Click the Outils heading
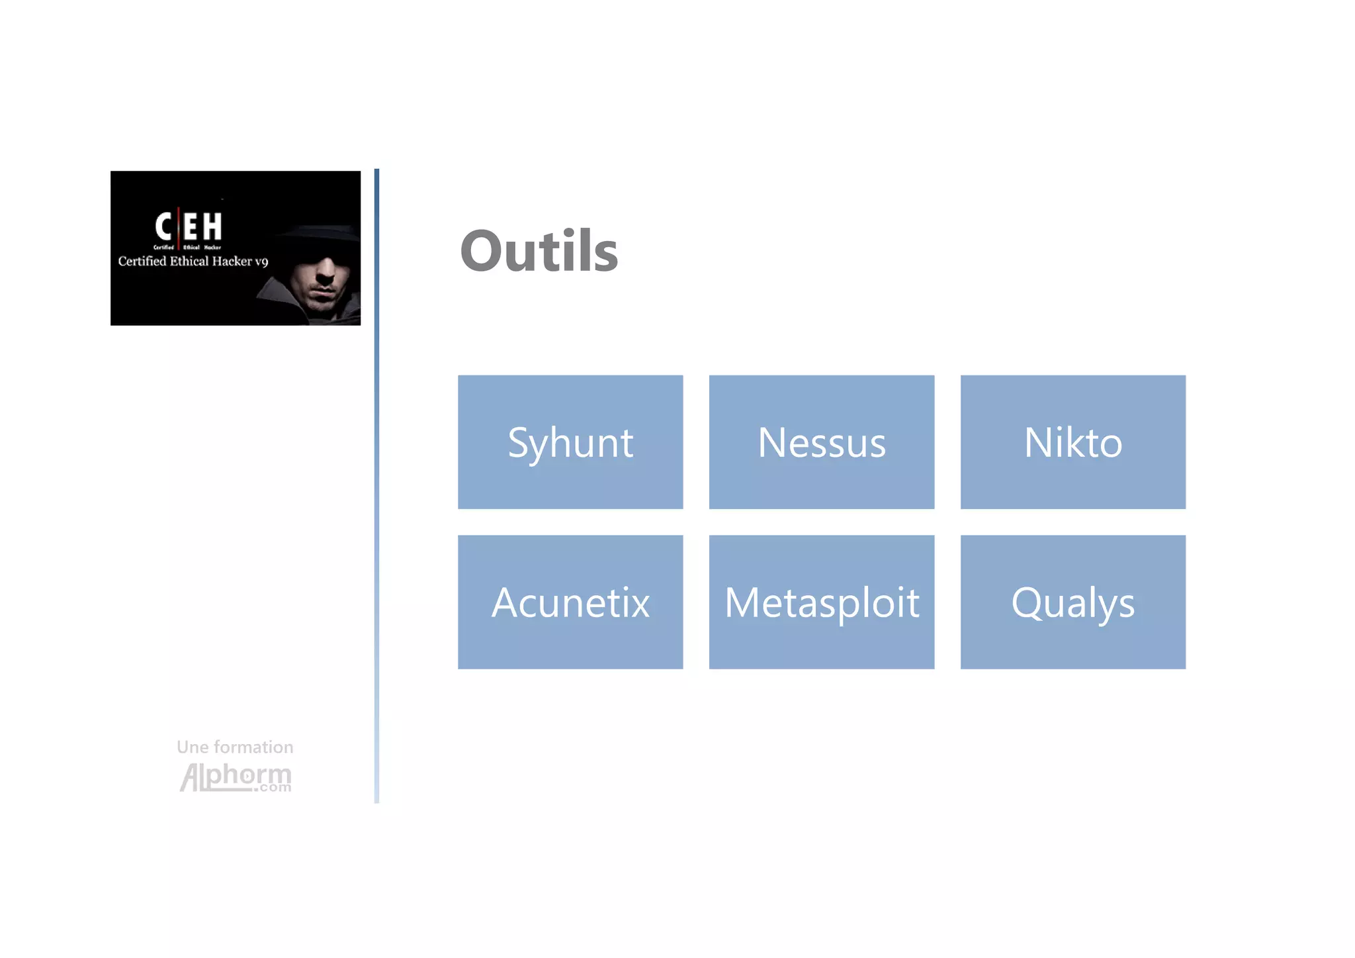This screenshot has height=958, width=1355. click(x=539, y=251)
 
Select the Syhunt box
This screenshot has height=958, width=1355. click(x=570, y=442)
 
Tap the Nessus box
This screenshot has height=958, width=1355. click(x=822, y=442)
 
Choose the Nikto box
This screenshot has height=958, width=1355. click(x=1072, y=442)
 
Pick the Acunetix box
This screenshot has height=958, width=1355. click(x=570, y=602)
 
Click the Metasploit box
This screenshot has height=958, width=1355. click(x=822, y=602)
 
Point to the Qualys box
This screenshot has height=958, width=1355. click(x=1072, y=602)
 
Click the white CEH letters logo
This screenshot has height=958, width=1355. click(x=189, y=226)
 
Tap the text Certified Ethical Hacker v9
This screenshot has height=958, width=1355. click(x=193, y=262)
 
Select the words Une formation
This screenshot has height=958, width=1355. click(x=235, y=747)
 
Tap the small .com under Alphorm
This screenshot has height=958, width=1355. click(x=273, y=788)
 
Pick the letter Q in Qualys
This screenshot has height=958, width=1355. click(x=1026, y=602)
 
